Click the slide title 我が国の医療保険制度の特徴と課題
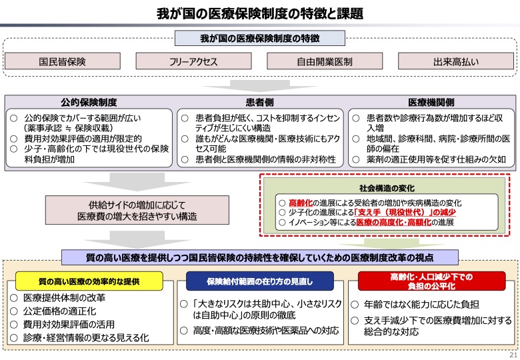point(260,13)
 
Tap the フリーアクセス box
point(193,62)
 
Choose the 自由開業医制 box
point(325,62)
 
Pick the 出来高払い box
point(455,62)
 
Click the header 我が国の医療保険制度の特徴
point(260,39)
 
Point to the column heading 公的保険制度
point(89,103)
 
